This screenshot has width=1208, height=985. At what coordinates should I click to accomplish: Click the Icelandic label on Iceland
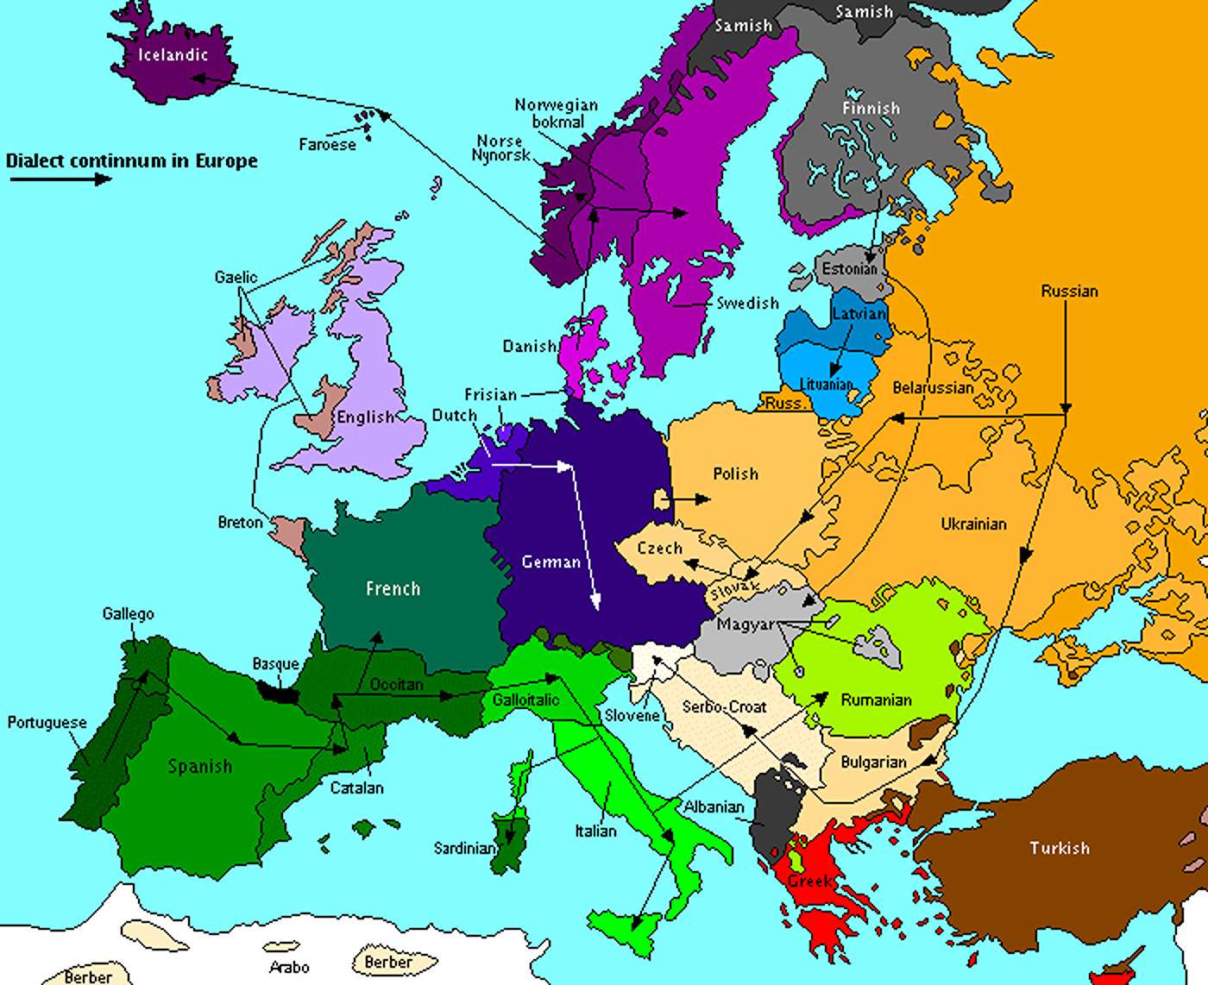(173, 55)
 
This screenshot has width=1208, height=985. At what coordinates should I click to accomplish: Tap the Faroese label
(327, 144)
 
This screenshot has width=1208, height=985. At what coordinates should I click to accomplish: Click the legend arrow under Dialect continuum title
(60, 179)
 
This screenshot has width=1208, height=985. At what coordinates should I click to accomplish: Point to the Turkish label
(1060, 848)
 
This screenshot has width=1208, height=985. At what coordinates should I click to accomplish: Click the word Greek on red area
(809, 881)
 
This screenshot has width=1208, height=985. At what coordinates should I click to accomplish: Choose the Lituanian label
(826, 385)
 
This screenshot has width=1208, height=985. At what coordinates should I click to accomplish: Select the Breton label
(240, 523)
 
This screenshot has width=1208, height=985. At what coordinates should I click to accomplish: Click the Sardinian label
(465, 849)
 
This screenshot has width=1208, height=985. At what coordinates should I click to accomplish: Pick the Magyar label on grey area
(746, 624)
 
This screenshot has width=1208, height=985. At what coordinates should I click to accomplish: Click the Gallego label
(128, 614)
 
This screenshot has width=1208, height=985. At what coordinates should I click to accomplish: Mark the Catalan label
(357, 787)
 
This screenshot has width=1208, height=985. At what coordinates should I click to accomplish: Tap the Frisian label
(490, 394)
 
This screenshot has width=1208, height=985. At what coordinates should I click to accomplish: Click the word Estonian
(849, 269)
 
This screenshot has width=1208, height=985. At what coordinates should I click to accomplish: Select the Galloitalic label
(525, 700)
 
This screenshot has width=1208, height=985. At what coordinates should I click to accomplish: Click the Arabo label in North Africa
(289, 967)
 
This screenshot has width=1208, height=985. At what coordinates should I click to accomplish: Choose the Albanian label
(714, 806)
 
